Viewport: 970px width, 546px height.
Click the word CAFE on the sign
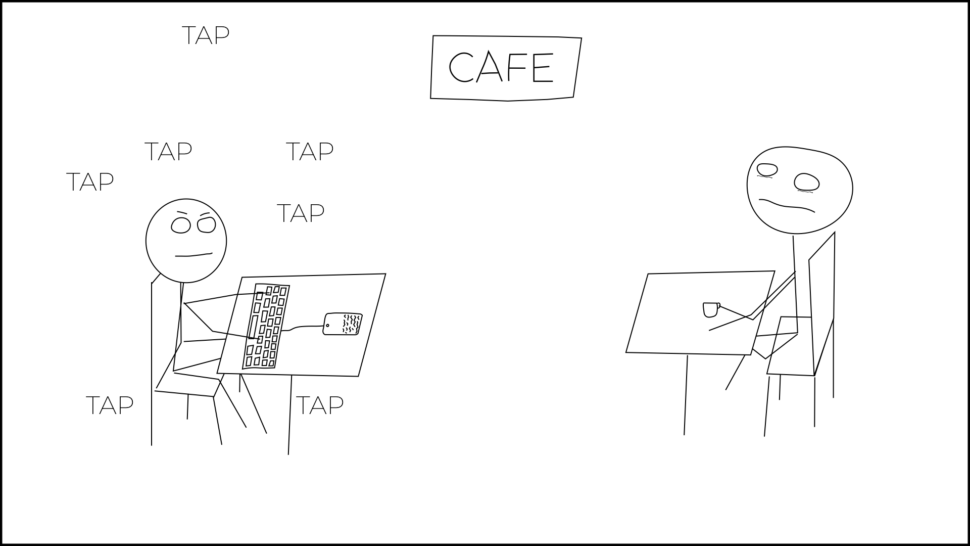click(x=501, y=67)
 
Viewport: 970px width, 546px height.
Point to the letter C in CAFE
click(x=460, y=67)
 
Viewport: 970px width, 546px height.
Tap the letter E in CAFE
click(x=543, y=68)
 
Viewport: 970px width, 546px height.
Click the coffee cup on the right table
click(x=710, y=310)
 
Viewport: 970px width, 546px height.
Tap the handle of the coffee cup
click(x=718, y=305)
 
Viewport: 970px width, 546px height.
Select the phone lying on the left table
click(x=343, y=324)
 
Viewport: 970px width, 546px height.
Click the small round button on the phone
click(x=328, y=325)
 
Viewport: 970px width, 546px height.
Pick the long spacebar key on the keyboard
click(x=253, y=327)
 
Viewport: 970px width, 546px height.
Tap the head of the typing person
click(x=186, y=241)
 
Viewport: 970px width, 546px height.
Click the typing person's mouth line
click(x=193, y=255)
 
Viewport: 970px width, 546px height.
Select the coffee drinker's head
click(x=799, y=190)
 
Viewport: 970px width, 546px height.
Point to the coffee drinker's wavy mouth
click(x=787, y=205)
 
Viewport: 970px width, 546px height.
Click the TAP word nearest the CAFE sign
click(x=309, y=151)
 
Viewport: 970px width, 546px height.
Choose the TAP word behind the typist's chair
click(x=110, y=405)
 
